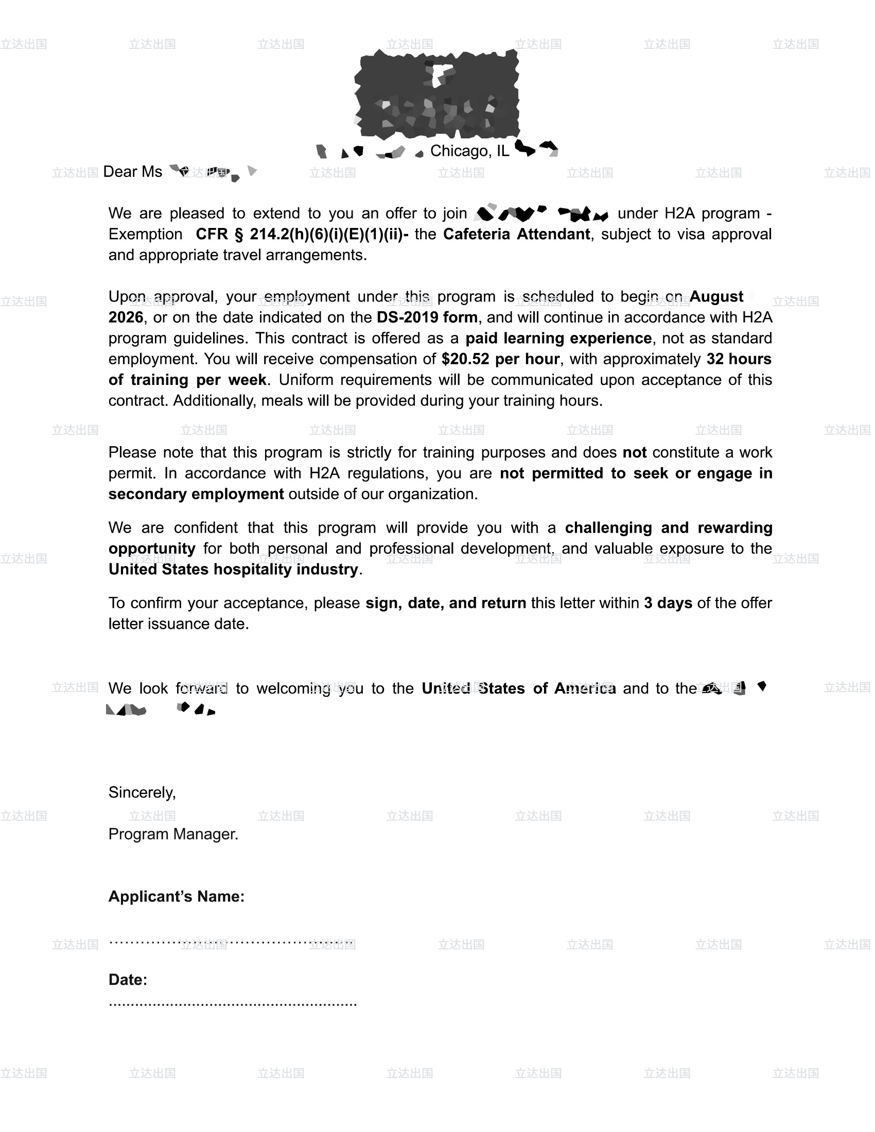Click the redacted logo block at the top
pos(437,94)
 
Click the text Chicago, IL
pos(469,151)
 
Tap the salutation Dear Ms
pos(133,171)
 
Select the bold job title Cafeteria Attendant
pos(516,234)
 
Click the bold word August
pos(716,296)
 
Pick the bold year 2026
pos(126,317)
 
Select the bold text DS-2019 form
pos(427,317)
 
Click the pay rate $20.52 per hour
pos(500,359)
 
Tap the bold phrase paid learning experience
pos(558,338)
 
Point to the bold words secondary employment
pos(196,494)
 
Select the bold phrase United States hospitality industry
pos(233,569)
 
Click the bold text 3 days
pos(668,603)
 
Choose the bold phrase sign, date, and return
pos(445,603)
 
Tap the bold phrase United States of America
pos(518,688)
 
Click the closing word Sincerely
pos(142,792)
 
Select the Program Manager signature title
pos(173,834)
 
